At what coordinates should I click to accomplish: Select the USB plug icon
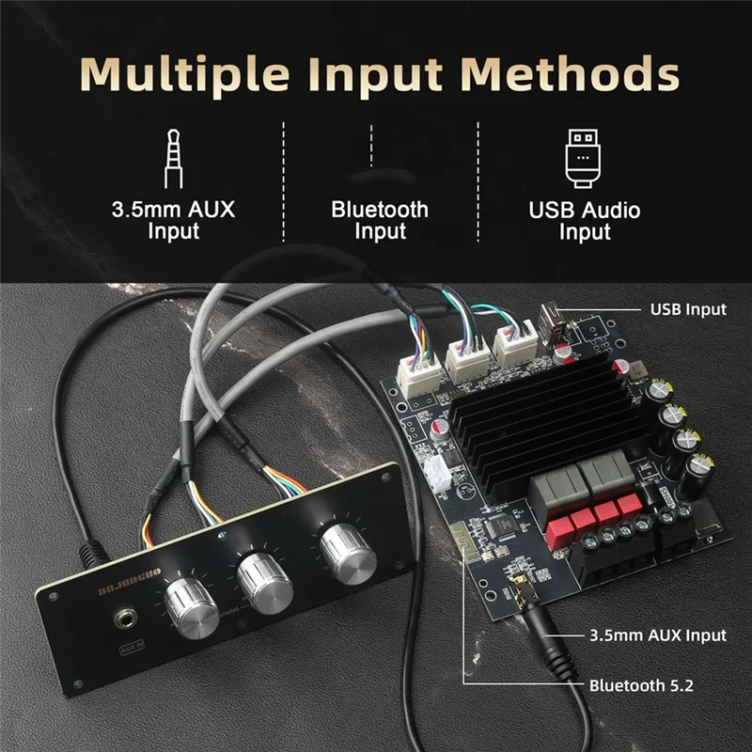[585, 156]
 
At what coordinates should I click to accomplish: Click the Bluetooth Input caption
[380, 219]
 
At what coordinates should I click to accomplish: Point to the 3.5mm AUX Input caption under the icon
[173, 219]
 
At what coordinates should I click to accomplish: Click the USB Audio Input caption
[585, 219]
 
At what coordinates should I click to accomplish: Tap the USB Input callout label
[688, 308]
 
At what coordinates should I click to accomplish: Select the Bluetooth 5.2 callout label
[641, 684]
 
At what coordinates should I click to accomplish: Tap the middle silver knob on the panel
[262, 581]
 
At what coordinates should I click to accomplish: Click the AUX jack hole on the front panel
[122, 620]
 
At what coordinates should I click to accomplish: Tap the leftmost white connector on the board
[416, 373]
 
